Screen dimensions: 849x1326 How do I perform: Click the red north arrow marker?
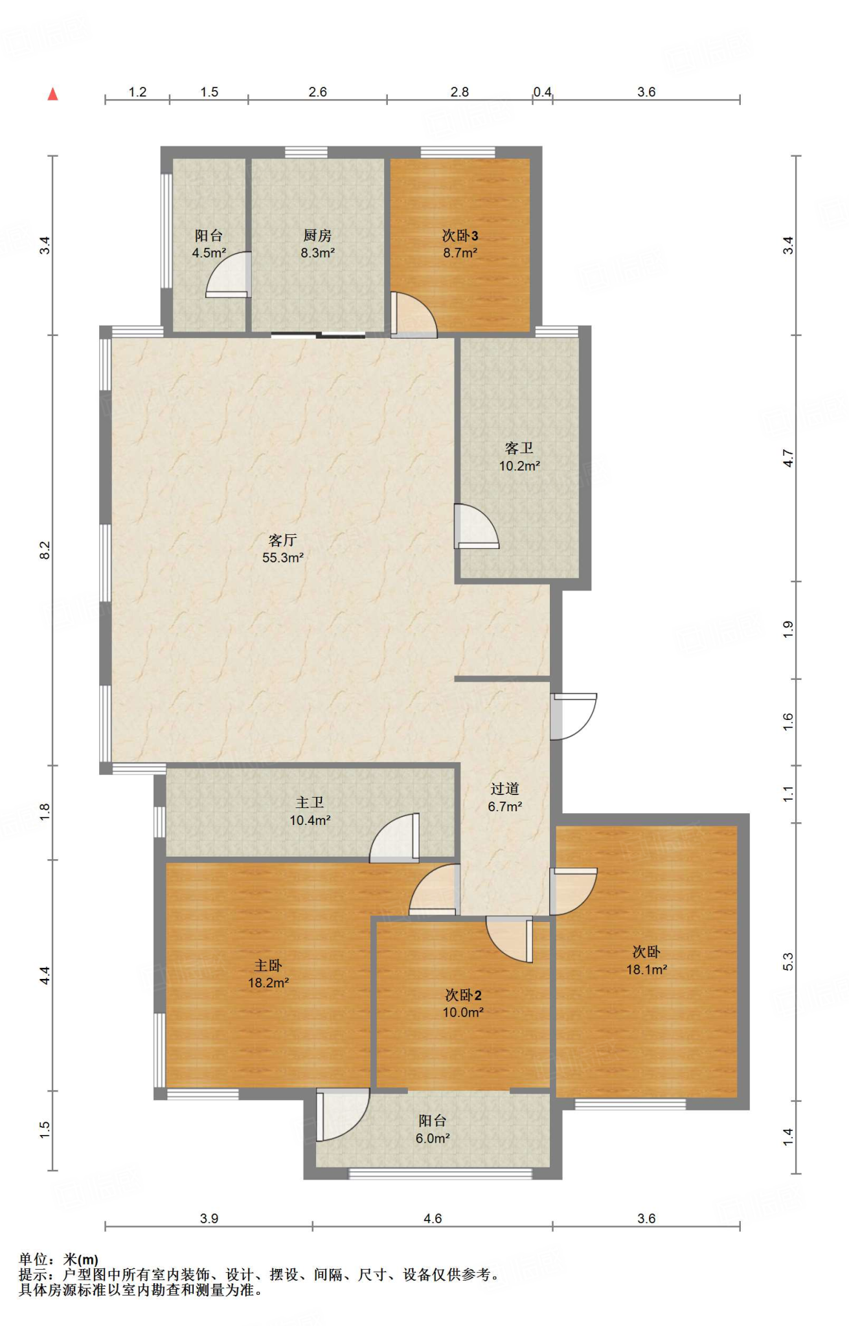tap(53, 94)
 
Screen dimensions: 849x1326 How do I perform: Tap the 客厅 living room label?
tap(283, 540)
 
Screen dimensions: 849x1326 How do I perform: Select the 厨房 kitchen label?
tap(317, 236)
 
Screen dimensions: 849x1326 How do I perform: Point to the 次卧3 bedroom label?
tap(460, 236)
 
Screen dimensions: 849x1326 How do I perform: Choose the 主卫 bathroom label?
tap(310, 803)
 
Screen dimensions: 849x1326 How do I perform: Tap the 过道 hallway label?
tap(504, 789)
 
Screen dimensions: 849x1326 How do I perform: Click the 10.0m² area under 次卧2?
tap(463, 1012)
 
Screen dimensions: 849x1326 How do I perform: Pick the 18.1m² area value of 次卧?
tap(646, 969)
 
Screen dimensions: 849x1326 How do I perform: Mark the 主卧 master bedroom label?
tap(268, 965)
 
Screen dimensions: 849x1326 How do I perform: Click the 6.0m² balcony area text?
tap(433, 1138)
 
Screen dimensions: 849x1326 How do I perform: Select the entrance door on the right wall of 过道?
tap(573, 717)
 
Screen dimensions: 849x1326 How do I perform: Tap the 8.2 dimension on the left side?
tap(45, 550)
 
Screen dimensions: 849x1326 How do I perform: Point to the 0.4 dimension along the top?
tap(543, 92)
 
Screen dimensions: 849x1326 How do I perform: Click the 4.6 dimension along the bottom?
tap(433, 1219)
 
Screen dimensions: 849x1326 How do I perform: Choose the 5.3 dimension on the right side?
tap(788, 962)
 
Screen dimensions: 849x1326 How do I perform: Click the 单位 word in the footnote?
tap(34, 1259)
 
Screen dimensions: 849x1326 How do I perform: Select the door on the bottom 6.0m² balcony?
tap(343, 1115)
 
